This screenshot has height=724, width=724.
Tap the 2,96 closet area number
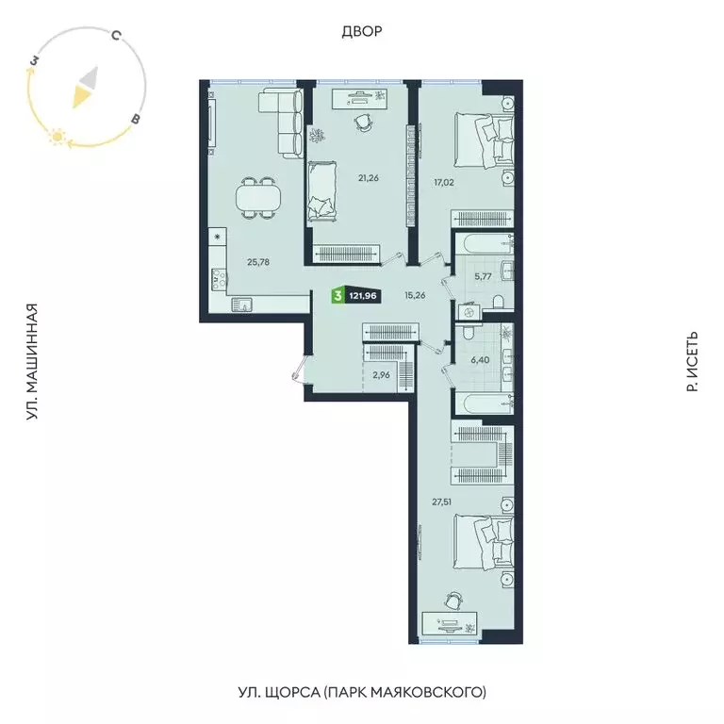click(381, 375)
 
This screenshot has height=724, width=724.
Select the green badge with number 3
click(337, 296)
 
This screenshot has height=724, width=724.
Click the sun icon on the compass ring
click(57, 138)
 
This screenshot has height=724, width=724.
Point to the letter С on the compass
click(114, 37)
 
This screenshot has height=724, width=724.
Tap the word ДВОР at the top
click(362, 32)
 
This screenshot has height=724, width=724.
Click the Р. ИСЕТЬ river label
click(691, 361)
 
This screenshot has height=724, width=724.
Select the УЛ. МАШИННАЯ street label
click(33, 361)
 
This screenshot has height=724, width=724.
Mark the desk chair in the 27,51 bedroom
click(454, 599)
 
